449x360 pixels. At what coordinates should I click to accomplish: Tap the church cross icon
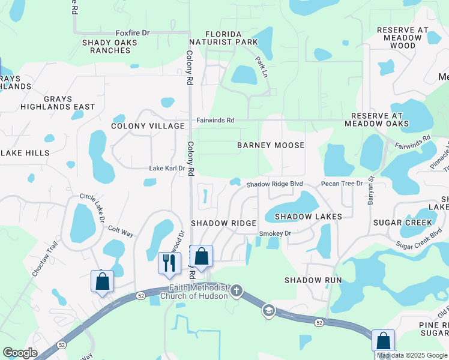[x=237, y=292]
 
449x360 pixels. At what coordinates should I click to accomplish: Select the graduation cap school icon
[x=268, y=310]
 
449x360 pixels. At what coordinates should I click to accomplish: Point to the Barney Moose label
[x=271, y=145]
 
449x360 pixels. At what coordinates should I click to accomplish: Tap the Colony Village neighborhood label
[x=148, y=126]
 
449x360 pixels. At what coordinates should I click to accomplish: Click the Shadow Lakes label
[x=308, y=216]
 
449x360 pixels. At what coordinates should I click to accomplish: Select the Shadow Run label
[x=313, y=280]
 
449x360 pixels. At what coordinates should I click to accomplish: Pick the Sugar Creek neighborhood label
[x=403, y=223]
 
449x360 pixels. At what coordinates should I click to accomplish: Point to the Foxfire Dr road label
[x=132, y=32]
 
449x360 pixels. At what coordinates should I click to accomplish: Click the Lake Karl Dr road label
[x=167, y=169]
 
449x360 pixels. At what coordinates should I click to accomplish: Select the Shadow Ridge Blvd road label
[x=274, y=184]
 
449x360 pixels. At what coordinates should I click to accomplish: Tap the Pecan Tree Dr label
[x=342, y=184]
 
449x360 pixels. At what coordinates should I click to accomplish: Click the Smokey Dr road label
[x=275, y=233]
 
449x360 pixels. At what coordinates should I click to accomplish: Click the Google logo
[x=20, y=353]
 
